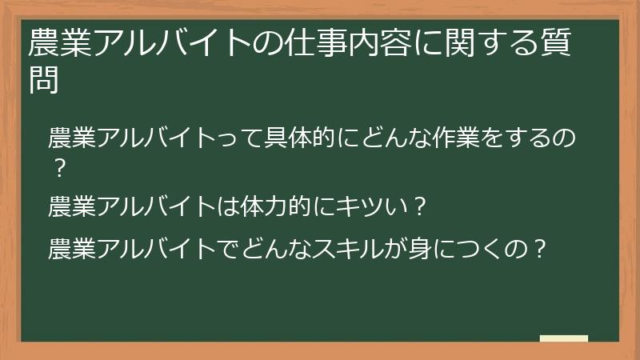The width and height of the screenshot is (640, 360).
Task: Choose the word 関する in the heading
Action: [487, 44]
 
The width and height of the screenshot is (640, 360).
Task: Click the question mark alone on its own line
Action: [57, 170]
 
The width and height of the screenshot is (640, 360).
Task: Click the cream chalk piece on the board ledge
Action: [564, 339]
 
